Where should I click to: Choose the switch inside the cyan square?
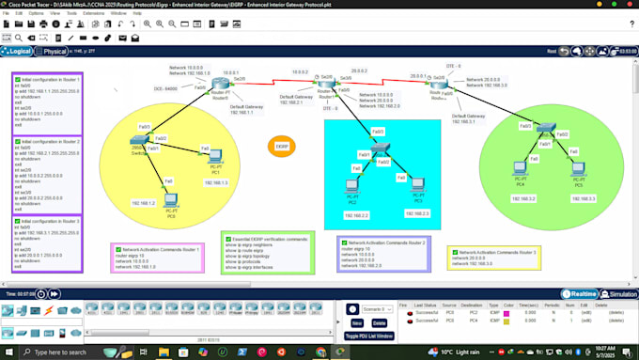coord(379,150)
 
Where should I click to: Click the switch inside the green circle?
coord(546,132)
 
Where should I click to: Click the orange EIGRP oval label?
coord(281,147)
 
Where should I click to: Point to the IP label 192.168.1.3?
coord(215,183)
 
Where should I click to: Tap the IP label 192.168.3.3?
coord(575,198)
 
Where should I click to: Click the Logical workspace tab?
coord(21,51)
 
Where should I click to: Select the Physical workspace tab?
coord(55,51)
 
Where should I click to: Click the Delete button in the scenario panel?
coord(380,322)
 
